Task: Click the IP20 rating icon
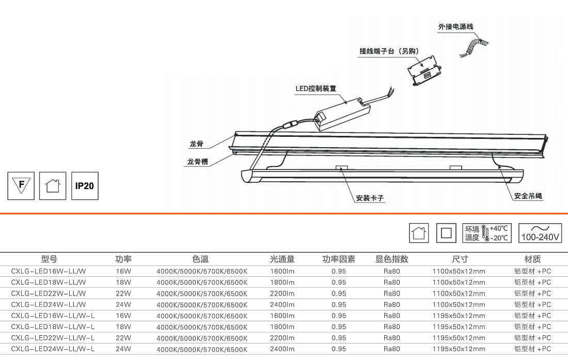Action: coord(85,185)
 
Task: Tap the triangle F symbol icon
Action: coord(21,185)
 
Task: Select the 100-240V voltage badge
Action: coord(540,233)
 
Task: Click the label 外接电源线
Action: coord(456,26)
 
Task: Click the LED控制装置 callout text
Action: coord(315,88)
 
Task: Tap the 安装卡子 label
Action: coord(370,198)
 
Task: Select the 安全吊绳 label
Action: coord(528,196)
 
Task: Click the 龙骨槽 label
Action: coord(197,162)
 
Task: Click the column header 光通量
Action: coord(282,259)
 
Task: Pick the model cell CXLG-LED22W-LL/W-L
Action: coord(53,338)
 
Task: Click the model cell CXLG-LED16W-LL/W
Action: coord(49,270)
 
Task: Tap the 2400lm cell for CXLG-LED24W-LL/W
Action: coord(282,305)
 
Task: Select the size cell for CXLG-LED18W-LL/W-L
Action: coord(459,326)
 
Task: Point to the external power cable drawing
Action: coord(472,48)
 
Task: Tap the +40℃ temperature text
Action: coord(498,228)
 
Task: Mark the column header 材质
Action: coord(532,259)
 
